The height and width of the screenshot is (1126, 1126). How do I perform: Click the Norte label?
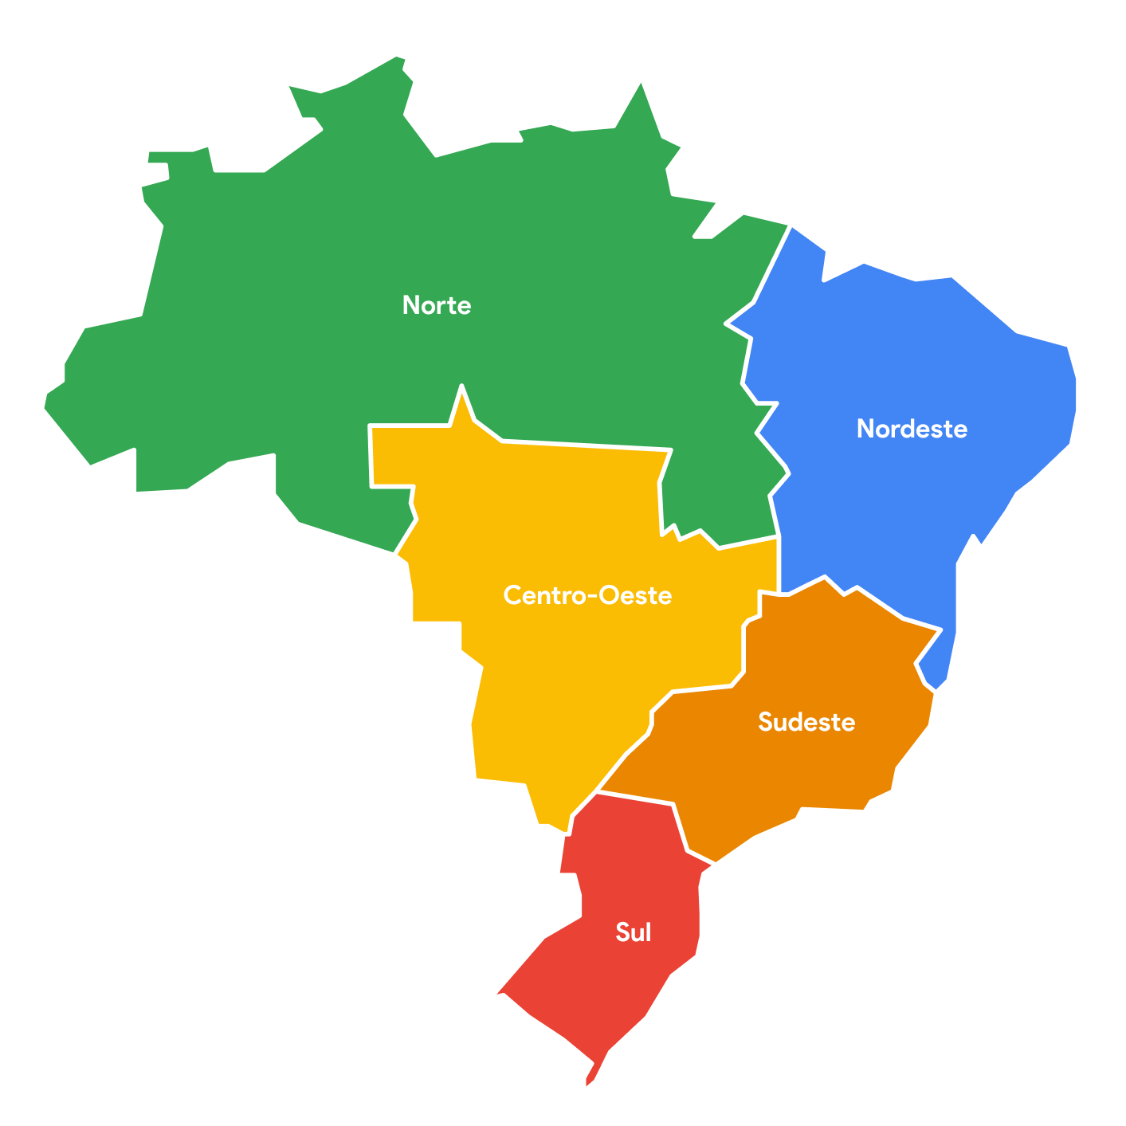click(x=437, y=305)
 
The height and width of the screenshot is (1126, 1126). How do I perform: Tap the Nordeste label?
click(x=912, y=429)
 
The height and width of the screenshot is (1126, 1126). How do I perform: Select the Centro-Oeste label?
click(x=587, y=595)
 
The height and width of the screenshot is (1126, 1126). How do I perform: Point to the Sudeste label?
click(x=806, y=722)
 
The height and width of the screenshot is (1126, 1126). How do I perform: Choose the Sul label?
click(x=634, y=932)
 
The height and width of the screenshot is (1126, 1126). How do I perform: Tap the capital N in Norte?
click(x=412, y=305)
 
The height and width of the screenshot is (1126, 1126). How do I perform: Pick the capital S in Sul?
click(x=622, y=932)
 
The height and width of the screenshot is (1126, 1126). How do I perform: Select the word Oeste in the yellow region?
click(x=635, y=595)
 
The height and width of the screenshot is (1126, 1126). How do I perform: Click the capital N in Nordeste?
click(x=865, y=429)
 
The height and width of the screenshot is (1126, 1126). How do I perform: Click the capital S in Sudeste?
click(x=764, y=722)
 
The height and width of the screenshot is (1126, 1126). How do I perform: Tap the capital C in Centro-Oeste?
click(x=512, y=595)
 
